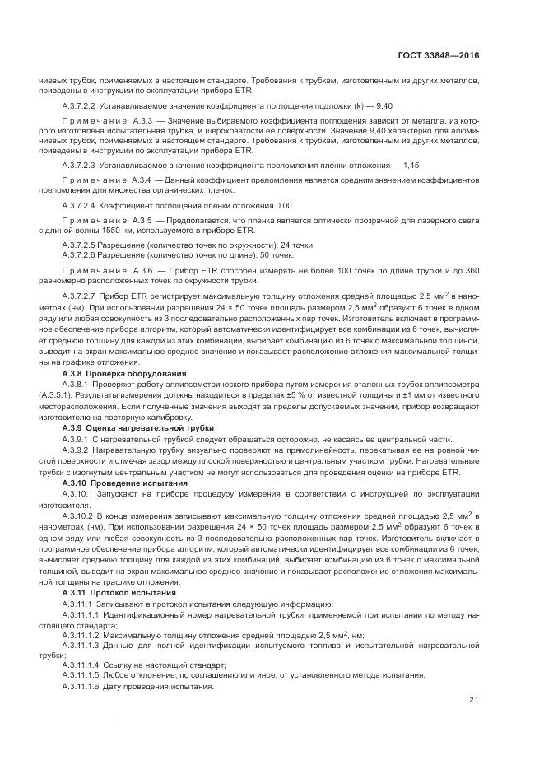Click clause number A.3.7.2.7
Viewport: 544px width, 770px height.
coord(81,296)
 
